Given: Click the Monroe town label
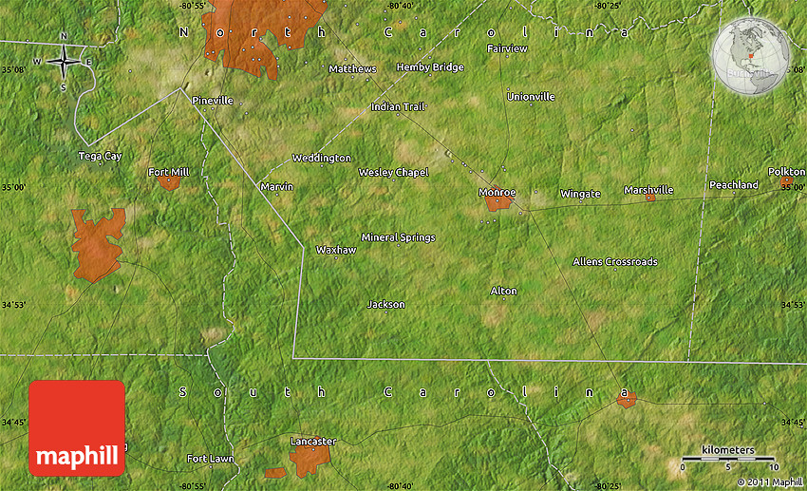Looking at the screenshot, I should [x=497, y=192].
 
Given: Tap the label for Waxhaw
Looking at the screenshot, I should [x=336, y=250].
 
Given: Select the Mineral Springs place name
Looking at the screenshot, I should [x=398, y=236].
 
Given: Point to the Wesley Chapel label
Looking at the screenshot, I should [x=393, y=172].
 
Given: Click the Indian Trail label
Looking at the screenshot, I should [x=398, y=106].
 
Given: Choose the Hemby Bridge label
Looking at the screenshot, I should [x=430, y=67].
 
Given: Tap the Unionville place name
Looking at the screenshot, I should [x=531, y=96].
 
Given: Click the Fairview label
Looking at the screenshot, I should [x=507, y=47].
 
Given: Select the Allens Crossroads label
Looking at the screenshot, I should [x=614, y=261].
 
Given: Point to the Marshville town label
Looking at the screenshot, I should [x=648, y=190].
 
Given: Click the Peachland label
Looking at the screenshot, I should [x=734, y=184].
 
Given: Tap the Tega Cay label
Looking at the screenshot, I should [x=100, y=156].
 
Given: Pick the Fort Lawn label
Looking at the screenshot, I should [x=210, y=459].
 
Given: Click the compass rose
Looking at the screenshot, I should [x=64, y=63].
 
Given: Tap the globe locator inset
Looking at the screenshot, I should [x=751, y=56].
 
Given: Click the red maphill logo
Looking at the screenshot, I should [x=77, y=427].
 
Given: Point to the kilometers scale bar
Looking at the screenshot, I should [x=728, y=459].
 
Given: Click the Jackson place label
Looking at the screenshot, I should [x=385, y=304].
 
